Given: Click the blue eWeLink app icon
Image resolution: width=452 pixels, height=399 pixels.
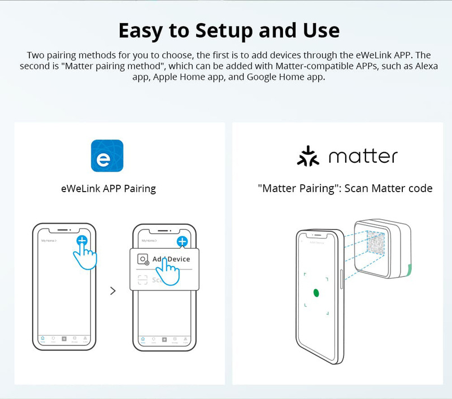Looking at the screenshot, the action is (x=107, y=156).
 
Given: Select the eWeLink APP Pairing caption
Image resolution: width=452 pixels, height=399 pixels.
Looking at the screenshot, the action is (x=108, y=188).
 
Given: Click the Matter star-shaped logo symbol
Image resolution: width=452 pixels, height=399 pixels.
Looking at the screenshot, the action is (x=308, y=156).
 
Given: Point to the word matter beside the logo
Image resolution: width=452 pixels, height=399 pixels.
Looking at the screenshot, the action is (x=363, y=157).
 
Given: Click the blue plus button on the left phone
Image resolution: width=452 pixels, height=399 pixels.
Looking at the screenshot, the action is (x=82, y=240).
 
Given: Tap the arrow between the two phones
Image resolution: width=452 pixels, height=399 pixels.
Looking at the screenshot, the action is (x=113, y=291).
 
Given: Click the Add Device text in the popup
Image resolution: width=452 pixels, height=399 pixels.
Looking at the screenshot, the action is (x=171, y=259).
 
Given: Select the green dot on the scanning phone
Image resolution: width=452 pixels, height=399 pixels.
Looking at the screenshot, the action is (x=316, y=292).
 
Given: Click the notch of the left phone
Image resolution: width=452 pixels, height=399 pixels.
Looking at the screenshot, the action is (x=64, y=230).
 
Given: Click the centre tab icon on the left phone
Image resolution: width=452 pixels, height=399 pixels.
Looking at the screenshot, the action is (x=64, y=339).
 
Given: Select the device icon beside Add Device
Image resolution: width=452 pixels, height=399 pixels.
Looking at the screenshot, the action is (x=144, y=259).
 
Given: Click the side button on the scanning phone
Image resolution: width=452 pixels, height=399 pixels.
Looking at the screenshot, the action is (x=342, y=275).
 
